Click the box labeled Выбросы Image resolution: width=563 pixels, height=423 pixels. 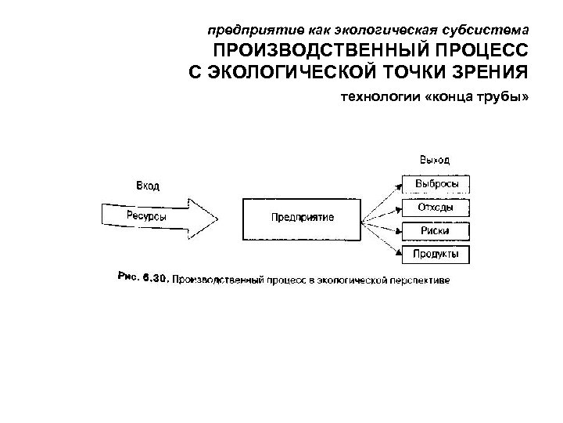click(436, 184)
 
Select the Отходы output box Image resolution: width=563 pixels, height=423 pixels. click(436, 208)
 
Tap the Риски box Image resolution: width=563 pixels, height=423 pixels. click(436, 230)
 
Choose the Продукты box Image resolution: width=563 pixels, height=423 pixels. click(436, 254)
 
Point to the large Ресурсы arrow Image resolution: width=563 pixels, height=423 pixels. click(156, 216)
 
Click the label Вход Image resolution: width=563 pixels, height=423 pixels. click(148, 186)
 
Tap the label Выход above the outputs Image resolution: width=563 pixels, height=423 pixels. click(436, 161)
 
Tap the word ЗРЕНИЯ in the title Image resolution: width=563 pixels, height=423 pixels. click(489, 73)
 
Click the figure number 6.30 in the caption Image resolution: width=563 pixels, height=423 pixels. click(155, 277)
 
